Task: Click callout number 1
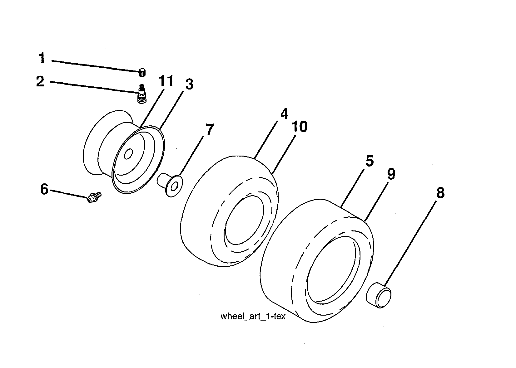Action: pos(42,59)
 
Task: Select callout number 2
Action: pos(40,82)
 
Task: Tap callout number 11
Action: pos(166,81)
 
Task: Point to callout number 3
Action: pos(188,85)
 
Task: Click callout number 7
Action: pos(209,129)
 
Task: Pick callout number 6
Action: pos(44,189)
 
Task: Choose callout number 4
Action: pos(284,114)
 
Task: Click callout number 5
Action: pos(369,161)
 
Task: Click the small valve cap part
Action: pos(142,73)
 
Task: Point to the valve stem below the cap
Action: pos(142,94)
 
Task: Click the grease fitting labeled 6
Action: pos(94,197)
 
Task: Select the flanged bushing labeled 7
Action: pos(170,184)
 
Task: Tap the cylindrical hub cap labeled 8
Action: pos(379,295)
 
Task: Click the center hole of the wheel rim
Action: pos(128,154)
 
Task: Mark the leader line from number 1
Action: pos(94,66)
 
